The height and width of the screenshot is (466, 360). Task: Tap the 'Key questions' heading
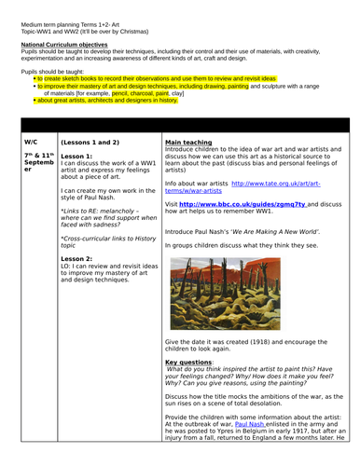(x=190, y=361)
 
